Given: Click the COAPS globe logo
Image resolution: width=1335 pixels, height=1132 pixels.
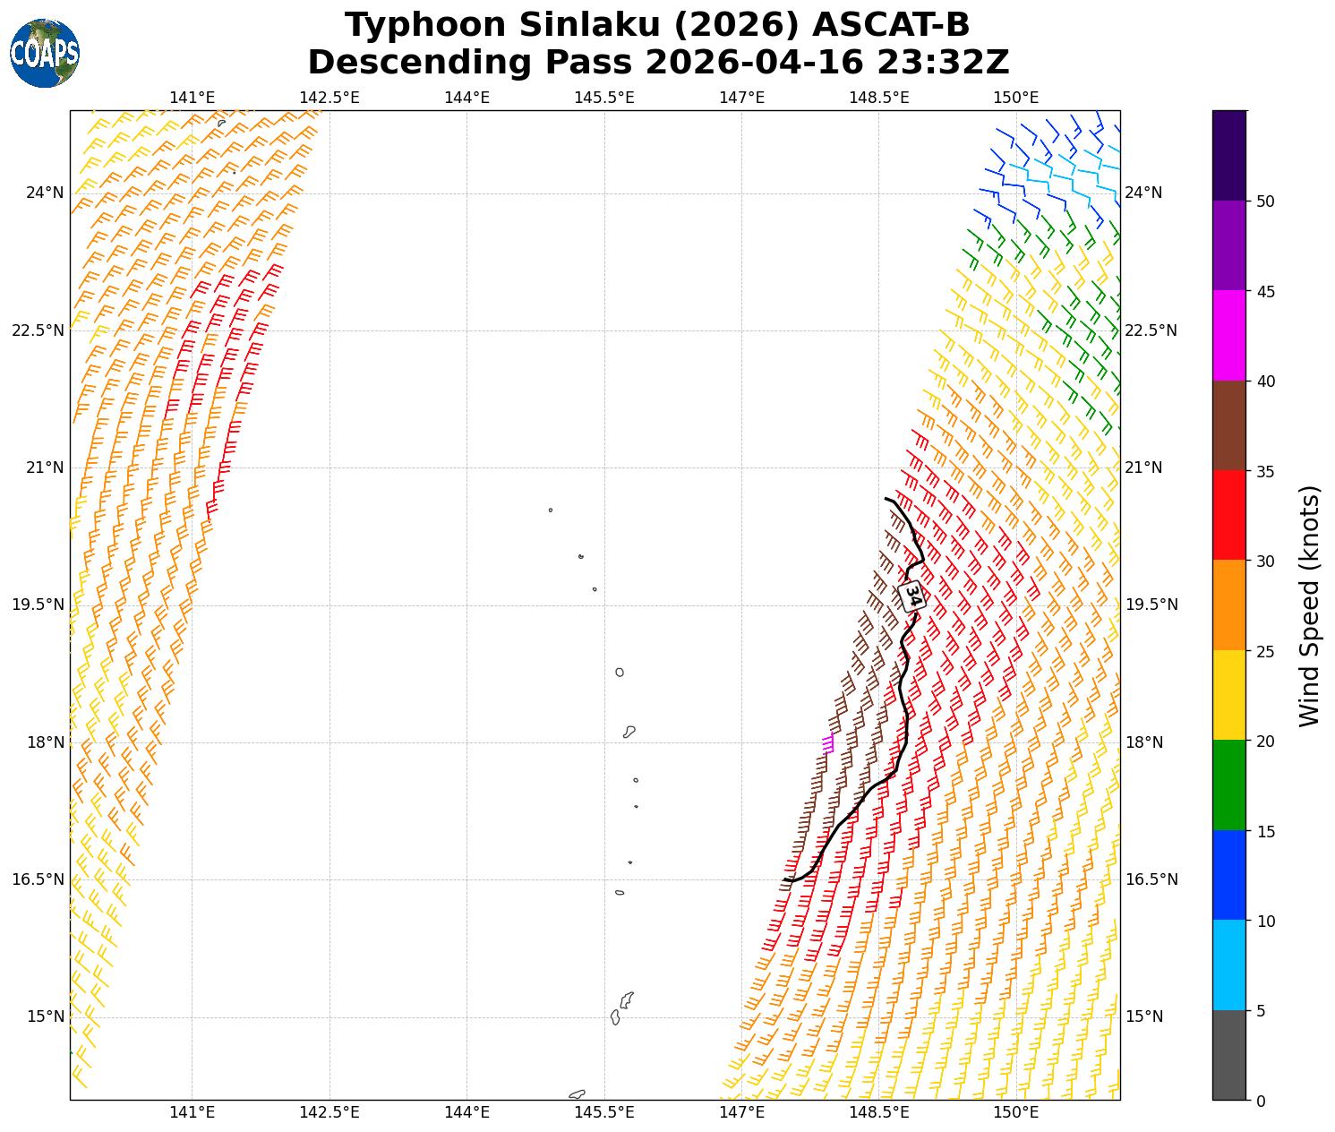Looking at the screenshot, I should pyautogui.click(x=45, y=54).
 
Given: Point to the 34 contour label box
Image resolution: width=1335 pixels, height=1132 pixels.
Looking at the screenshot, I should pyautogui.click(x=911, y=596).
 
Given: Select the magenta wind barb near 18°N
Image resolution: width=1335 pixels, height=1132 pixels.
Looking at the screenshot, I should pyautogui.click(x=828, y=743).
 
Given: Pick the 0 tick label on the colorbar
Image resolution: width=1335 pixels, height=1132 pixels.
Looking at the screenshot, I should pyautogui.click(x=1261, y=1101).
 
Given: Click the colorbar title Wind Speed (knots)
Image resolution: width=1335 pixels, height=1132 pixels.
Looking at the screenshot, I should pyautogui.click(x=1309, y=606).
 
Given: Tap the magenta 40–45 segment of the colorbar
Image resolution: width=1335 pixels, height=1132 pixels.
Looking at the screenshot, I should pyautogui.click(x=1228, y=335).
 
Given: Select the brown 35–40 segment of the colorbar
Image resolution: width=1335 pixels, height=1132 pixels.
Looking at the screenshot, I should pyautogui.click(x=1228, y=425).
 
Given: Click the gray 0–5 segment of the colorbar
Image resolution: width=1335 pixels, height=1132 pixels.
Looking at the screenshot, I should pyautogui.click(x=1228, y=1055).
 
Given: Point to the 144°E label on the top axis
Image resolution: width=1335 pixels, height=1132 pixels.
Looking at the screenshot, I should pyautogui.click(x=466, y=98).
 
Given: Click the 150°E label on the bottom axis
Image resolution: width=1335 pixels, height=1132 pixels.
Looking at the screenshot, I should pyautogui.click(x=1016, y=1113).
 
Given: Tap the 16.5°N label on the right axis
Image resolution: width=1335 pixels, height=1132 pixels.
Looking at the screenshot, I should pyautogui.click(x=1151, y=879).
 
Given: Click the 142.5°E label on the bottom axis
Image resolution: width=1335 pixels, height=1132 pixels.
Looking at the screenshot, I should pyautogui.click(x=329, y=1113).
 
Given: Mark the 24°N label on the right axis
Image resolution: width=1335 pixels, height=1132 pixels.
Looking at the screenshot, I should pyautogui.click(x=1143, y=193).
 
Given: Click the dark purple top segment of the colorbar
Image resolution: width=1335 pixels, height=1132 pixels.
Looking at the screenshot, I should pyautogui.click(x=1228, y=155).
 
